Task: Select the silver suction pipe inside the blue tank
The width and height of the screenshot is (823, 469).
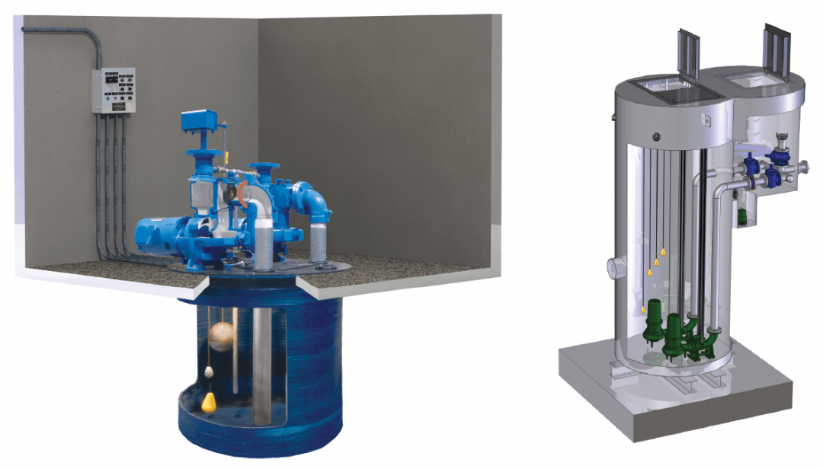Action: pos(261,358)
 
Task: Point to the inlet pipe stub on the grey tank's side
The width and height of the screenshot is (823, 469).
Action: pos(615,269)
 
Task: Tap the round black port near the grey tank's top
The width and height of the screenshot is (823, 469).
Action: pos(654,136)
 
